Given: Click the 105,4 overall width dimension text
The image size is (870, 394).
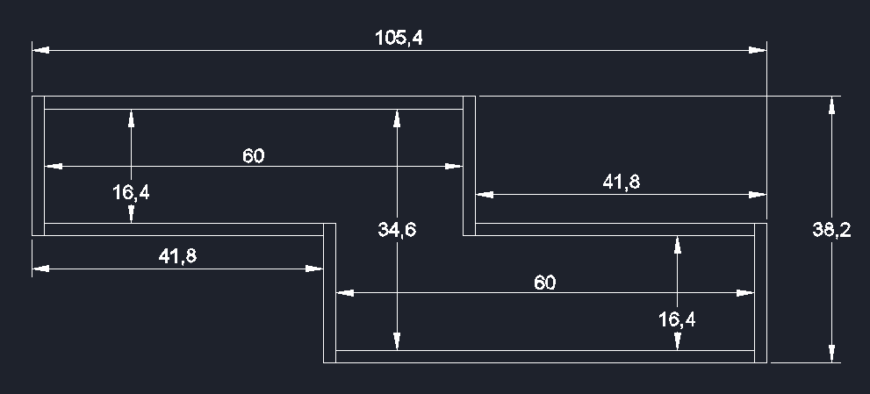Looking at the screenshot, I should [399, 38].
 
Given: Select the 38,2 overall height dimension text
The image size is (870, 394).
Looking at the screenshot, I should [831, 230].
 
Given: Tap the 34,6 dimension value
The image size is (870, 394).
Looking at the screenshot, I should [397, 230].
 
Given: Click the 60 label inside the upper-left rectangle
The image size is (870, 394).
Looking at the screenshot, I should [253, 156].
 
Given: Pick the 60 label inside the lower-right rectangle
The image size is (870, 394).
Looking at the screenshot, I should [544, 283].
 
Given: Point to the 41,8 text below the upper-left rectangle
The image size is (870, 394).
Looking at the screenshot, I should [177, 256].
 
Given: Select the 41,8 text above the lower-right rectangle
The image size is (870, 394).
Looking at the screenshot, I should [621, 182].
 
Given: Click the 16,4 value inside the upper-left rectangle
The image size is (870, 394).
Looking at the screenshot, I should [131, 192].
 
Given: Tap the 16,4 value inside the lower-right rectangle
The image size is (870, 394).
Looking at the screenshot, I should [677, 319].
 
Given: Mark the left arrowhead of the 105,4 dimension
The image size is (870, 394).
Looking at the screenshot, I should [40, 51].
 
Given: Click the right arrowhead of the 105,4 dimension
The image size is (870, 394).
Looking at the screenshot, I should [758, 51].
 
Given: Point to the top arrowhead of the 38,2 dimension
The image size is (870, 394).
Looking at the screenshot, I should [831, 104].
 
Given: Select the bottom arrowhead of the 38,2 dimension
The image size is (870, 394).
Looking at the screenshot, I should [831, 353].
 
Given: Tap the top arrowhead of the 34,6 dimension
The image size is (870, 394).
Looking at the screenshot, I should [397, 118].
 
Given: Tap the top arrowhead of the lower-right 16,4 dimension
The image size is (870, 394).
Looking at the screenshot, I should [677, 245].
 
